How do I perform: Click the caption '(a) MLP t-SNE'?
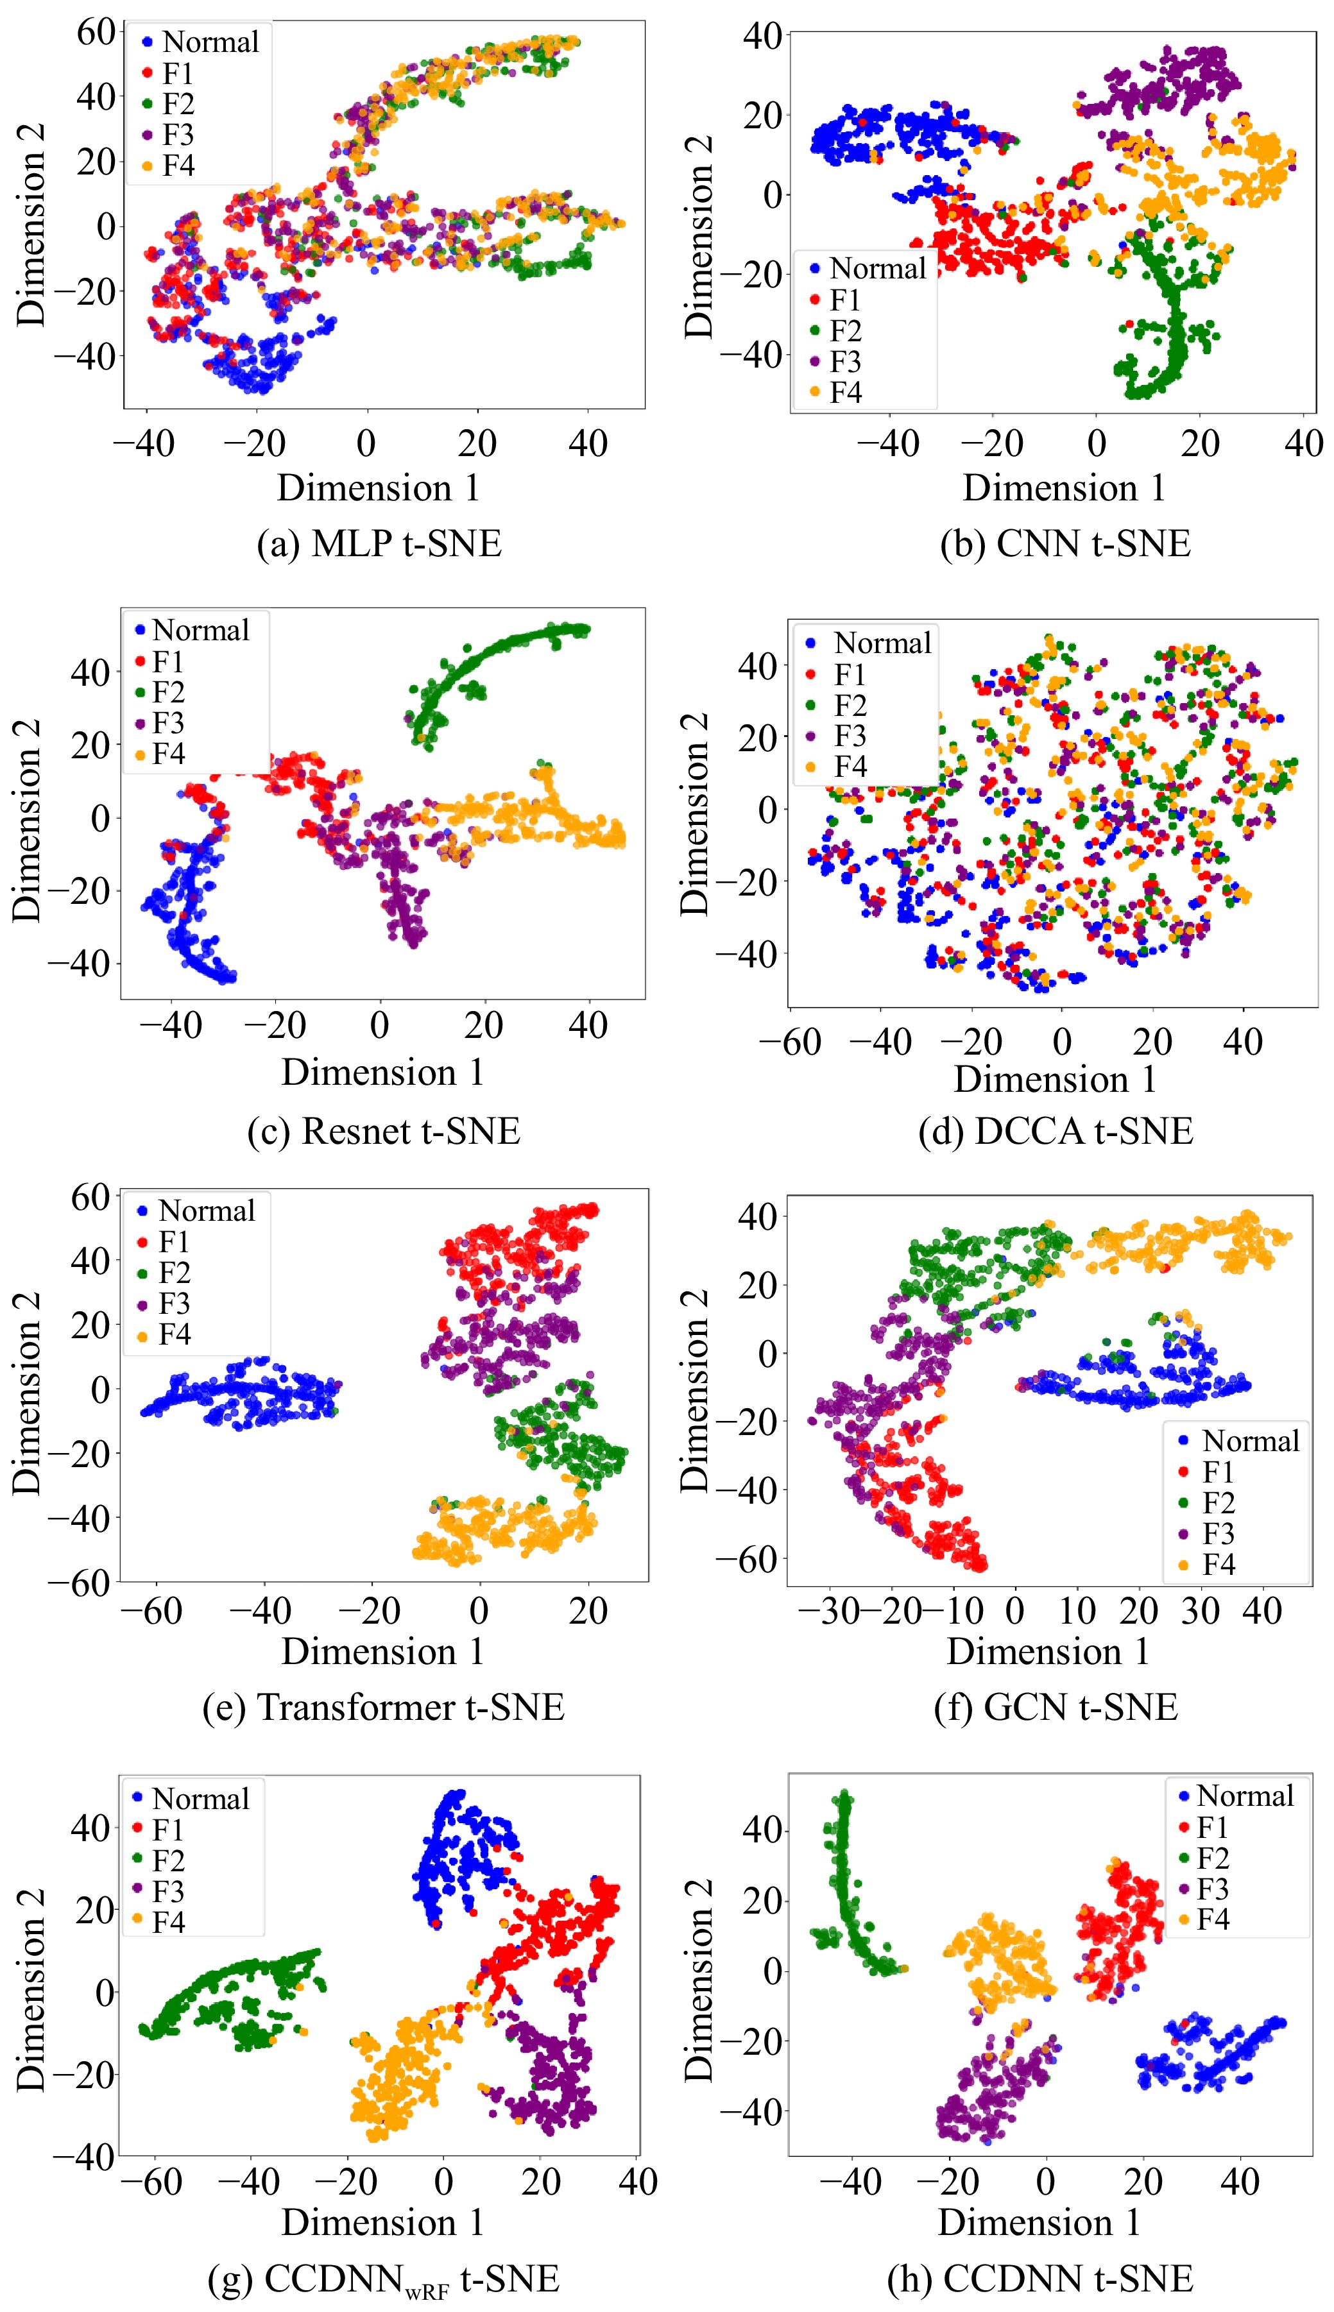[379, 544]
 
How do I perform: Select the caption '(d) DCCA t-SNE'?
[1056, 1131]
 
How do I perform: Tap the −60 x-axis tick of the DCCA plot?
[790, 1042]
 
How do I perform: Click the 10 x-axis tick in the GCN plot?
[1077, 1610]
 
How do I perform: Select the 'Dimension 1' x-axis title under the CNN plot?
[1064, 488]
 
